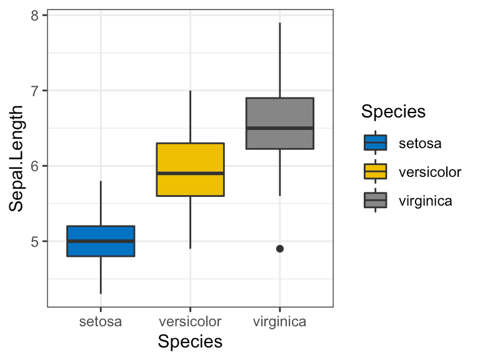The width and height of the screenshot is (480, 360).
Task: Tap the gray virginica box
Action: click(x=279, y=112)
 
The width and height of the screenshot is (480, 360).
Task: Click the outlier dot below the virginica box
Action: click(x=280, y=249)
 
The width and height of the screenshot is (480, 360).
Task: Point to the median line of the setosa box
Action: click(x=101, y=241)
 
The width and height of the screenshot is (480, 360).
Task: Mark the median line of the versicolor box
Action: click(x=190, y=173)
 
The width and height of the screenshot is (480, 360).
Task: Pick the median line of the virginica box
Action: click(x=279, y=128)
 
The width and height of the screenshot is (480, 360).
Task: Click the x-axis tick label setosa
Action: click(x=101, y=322)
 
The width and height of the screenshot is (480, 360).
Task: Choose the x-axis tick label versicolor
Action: click(x=190, y=322)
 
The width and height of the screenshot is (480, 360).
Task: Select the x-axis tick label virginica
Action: click(x=279, y=322)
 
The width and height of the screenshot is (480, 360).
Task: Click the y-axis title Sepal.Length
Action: click(x=17, y=159)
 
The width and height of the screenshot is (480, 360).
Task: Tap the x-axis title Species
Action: click(x=190, y=342)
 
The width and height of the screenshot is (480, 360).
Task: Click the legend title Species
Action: click(x=394, y=112)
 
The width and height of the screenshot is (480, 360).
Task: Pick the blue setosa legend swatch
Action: click(x=375, y=143)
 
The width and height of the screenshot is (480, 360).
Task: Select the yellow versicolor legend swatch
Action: click(x=375, y=172)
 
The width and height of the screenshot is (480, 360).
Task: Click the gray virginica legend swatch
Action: click(x=375, y=201)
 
